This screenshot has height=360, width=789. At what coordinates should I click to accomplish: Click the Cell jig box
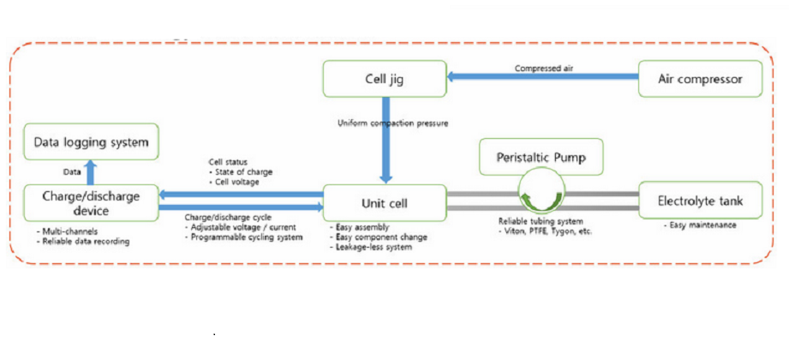click(385, 79)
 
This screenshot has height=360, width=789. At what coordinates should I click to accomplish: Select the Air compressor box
click(701, 79)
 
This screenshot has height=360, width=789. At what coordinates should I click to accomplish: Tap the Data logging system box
click(91, 141)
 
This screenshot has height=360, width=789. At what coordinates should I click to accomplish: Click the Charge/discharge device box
click(91, 202)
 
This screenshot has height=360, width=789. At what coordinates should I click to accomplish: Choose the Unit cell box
click(385, 202)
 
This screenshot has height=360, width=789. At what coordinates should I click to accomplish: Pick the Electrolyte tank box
click(701, 202)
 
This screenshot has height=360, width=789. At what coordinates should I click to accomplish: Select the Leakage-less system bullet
click(375, 247)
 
